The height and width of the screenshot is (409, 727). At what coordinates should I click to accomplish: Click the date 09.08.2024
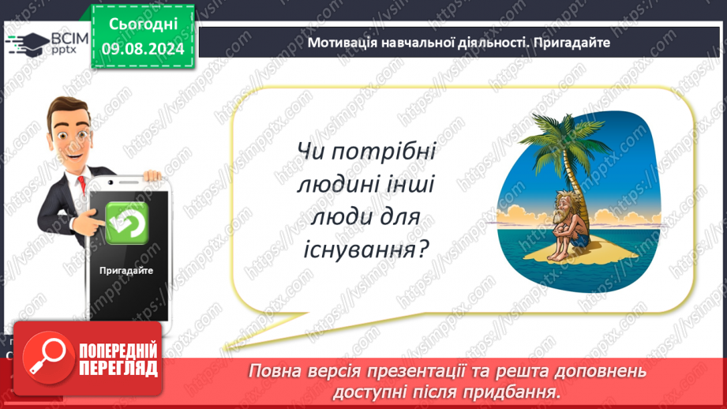point(143,49)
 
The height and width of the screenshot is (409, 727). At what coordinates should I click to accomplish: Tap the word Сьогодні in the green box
point(143,24)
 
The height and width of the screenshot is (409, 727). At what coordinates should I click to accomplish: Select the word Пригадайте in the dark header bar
point(571,43)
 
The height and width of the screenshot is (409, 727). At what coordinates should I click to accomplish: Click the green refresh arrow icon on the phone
point(126,223)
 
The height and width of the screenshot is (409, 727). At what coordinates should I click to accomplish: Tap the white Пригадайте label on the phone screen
point(126,271)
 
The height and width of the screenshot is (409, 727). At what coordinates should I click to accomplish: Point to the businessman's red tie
point(81,184)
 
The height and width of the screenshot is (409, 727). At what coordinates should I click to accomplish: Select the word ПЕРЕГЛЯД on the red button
point(118,369)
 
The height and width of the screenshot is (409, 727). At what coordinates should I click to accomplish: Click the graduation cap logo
point(28,44)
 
